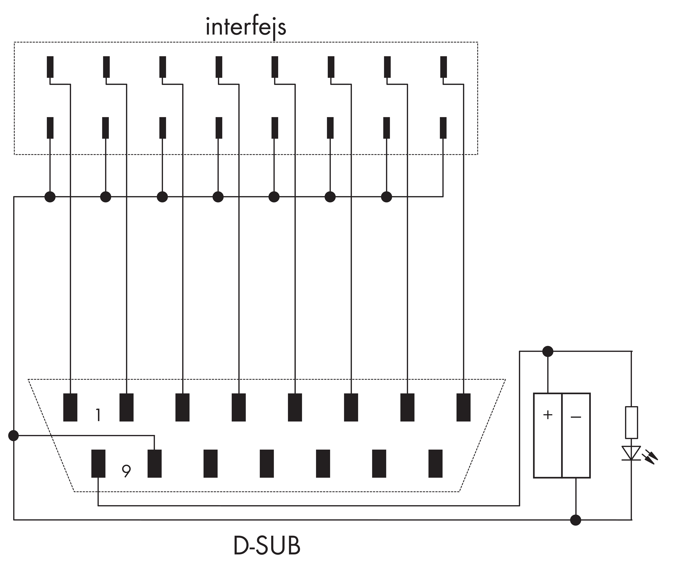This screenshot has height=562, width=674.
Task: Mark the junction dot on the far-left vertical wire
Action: click(x=13, y=435)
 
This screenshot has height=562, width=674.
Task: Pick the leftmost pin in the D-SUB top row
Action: click(x=70, y=407)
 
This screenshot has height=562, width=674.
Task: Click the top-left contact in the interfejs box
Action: click(x=50, y=67)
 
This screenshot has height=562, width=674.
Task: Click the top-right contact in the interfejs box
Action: click(x=443, y=67)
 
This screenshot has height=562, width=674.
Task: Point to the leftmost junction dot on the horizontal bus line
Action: click(x=50, y=197)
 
